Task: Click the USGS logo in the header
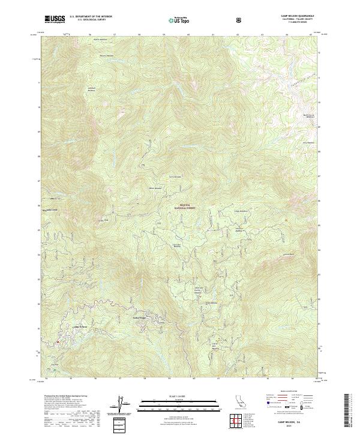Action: click(55, 19)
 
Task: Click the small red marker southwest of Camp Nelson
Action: click(57, 343)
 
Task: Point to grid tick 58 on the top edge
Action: click(139, 35)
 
